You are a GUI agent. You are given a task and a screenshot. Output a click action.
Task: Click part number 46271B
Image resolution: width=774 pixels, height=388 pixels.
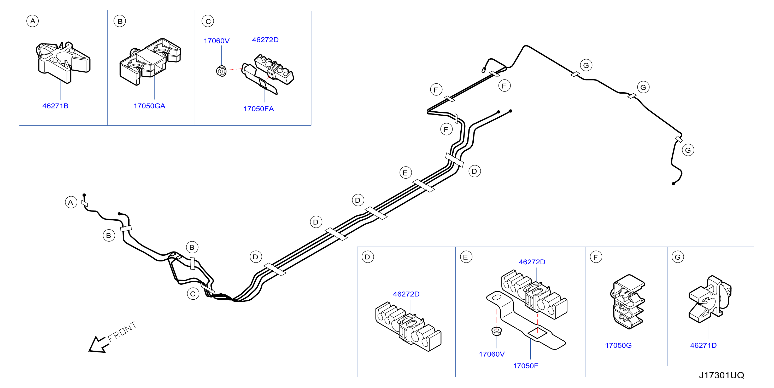pyautogui.click(x=55, y=106)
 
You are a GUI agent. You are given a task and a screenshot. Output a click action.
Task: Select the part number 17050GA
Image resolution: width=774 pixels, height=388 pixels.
pyautogui.click(x=149, y=106)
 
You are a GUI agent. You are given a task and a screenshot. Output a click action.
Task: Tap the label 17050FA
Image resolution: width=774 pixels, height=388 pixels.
pyautogui.click(x=259, y=109)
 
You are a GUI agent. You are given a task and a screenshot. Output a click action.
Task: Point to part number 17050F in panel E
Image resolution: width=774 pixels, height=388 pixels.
pyautogui.click(x=525, y=366)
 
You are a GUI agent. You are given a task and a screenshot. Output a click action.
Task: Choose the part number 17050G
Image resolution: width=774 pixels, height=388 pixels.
pyautogui.click(x=618, y=345)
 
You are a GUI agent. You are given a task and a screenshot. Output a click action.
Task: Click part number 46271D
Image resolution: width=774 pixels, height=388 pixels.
pyautogui.click(x=703, y=345)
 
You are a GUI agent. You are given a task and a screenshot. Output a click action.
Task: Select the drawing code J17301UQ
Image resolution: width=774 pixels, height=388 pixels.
pyautogui.click(x=722, y=375)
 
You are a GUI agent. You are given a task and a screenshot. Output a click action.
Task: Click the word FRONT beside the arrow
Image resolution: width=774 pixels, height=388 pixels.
pyautogui.click(x=122, y=332)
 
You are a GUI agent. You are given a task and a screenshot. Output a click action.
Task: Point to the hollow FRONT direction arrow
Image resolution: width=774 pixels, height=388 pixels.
pyautogui.click(x=98, y=345)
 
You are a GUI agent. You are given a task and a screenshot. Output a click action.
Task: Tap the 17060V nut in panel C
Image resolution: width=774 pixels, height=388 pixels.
pyautogui.click(x=221, y=71)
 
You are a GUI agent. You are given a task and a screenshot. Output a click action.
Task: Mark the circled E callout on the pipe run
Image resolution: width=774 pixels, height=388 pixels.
pyautogui.click(x=405, y=173)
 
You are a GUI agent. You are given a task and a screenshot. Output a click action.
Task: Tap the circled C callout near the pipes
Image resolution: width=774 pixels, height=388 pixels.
pyautogui.click(x=193, y=294)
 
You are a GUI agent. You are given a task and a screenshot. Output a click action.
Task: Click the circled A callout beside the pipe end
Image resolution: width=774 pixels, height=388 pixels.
pyautogui.click(x=71, y=202)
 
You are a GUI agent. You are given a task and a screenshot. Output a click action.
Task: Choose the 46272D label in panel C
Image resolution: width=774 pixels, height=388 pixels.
pyautogui.click(x=265, y=40)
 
